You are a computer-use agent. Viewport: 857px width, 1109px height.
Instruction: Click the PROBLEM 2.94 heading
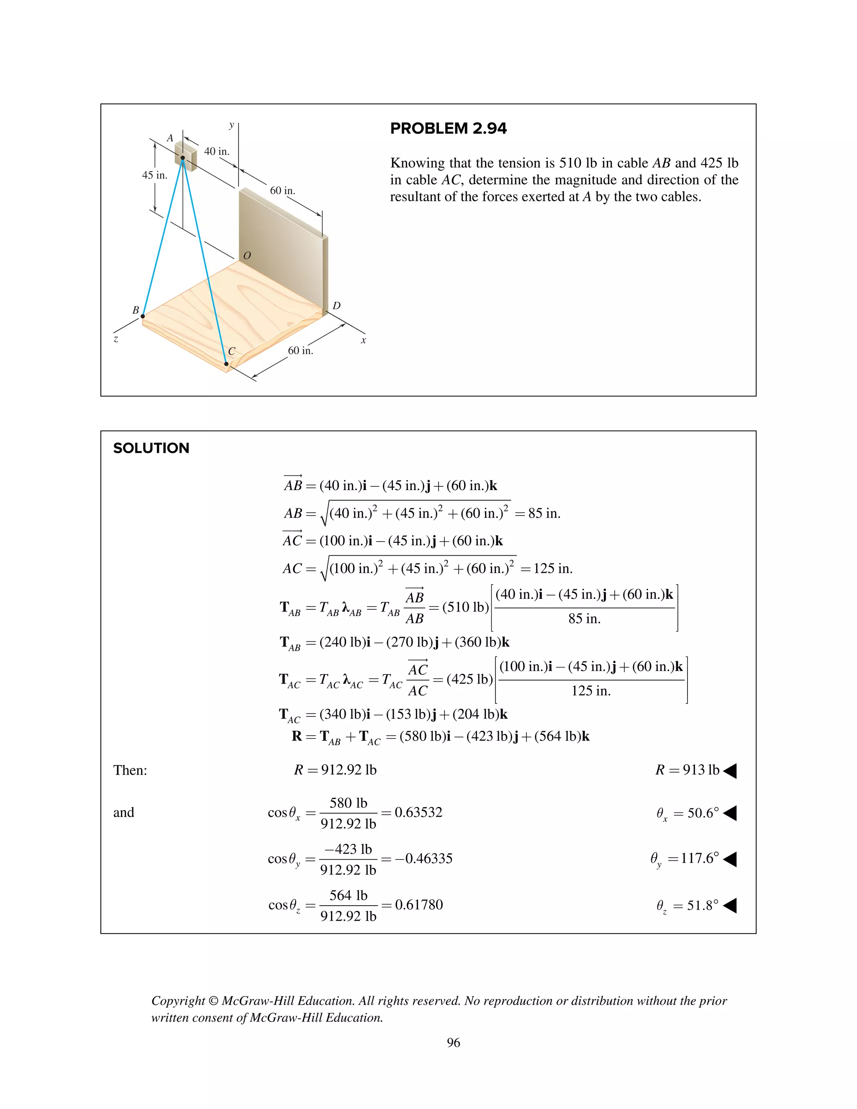448,128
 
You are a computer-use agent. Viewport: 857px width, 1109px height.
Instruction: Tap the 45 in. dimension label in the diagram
154,175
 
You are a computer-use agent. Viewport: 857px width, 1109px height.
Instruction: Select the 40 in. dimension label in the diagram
217,151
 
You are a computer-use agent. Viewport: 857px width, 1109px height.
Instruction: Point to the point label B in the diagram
136,310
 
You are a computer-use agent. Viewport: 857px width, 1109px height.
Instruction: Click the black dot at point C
226,364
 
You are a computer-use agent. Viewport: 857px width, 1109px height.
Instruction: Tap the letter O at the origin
247,255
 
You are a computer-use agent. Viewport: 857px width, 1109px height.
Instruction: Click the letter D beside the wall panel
336,305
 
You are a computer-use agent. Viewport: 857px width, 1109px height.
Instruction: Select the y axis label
231,124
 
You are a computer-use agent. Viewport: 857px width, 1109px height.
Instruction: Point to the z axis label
116,339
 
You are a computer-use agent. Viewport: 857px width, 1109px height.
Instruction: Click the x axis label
364,340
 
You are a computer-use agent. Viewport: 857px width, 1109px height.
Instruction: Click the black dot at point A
183,158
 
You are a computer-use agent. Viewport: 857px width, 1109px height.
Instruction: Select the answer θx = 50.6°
688,814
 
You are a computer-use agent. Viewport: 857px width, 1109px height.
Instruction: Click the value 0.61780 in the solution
419,905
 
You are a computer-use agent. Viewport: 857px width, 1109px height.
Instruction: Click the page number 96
453,1042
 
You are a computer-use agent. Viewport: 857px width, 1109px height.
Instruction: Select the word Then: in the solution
130,770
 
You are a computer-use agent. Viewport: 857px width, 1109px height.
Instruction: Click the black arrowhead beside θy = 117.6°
729,859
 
